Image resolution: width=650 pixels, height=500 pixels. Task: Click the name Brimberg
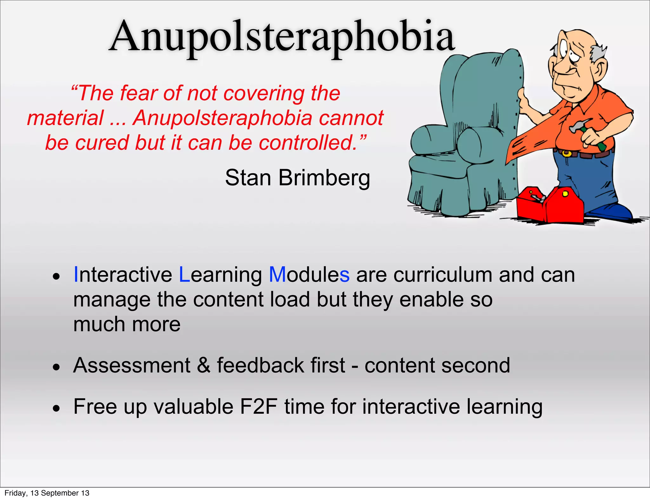pos(324,178)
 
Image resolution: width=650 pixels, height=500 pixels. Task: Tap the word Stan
pos(248,178)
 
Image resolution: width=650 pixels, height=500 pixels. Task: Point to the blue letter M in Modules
pos(277,275)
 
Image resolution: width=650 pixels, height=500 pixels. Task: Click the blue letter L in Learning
pos(184,275)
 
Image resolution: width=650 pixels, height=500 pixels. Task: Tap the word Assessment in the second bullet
pos(131,365)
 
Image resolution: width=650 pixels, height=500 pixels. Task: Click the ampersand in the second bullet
pos(203,365)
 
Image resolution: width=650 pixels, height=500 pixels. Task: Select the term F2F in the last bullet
pos(258,407)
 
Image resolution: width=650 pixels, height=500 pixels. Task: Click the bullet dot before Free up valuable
pos(56,409)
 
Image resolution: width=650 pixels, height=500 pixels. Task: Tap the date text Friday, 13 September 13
pos(47,493)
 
